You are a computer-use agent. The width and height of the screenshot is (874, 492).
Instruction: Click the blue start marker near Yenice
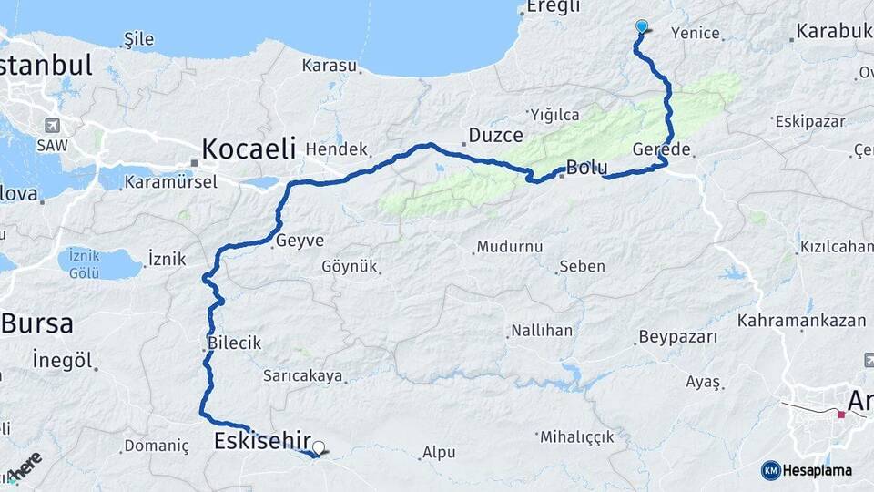(x=642, y=26)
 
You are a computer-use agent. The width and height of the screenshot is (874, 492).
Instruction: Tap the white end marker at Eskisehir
(x=319, y=448)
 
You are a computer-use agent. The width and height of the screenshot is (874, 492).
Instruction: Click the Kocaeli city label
(x=249, y=148)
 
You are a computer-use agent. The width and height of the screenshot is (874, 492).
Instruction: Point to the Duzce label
(x=495, y=136)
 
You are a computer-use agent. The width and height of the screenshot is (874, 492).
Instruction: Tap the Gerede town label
(x=662, y=149)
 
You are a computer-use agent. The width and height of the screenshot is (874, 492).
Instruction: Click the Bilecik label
(x=234, y=343)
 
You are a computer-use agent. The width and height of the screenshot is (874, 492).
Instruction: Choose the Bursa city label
(x=36, y=323)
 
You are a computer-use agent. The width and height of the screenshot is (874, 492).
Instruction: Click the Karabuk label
(x=833, y=32)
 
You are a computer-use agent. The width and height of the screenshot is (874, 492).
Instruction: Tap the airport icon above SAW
(x=50, y=126)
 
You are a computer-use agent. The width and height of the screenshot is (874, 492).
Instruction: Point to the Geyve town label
(x=300, y=241)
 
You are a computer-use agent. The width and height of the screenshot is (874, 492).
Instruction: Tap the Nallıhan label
(x=542, y=330)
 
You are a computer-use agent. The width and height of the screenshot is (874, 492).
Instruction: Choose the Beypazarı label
(x=678, y=337)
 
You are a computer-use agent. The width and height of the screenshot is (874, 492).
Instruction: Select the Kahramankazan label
(x=801, y=321)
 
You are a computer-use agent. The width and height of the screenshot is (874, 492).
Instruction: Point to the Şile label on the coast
(x=138, y=39)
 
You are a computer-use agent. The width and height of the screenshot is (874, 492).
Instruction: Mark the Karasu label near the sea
(x=330, y=66)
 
